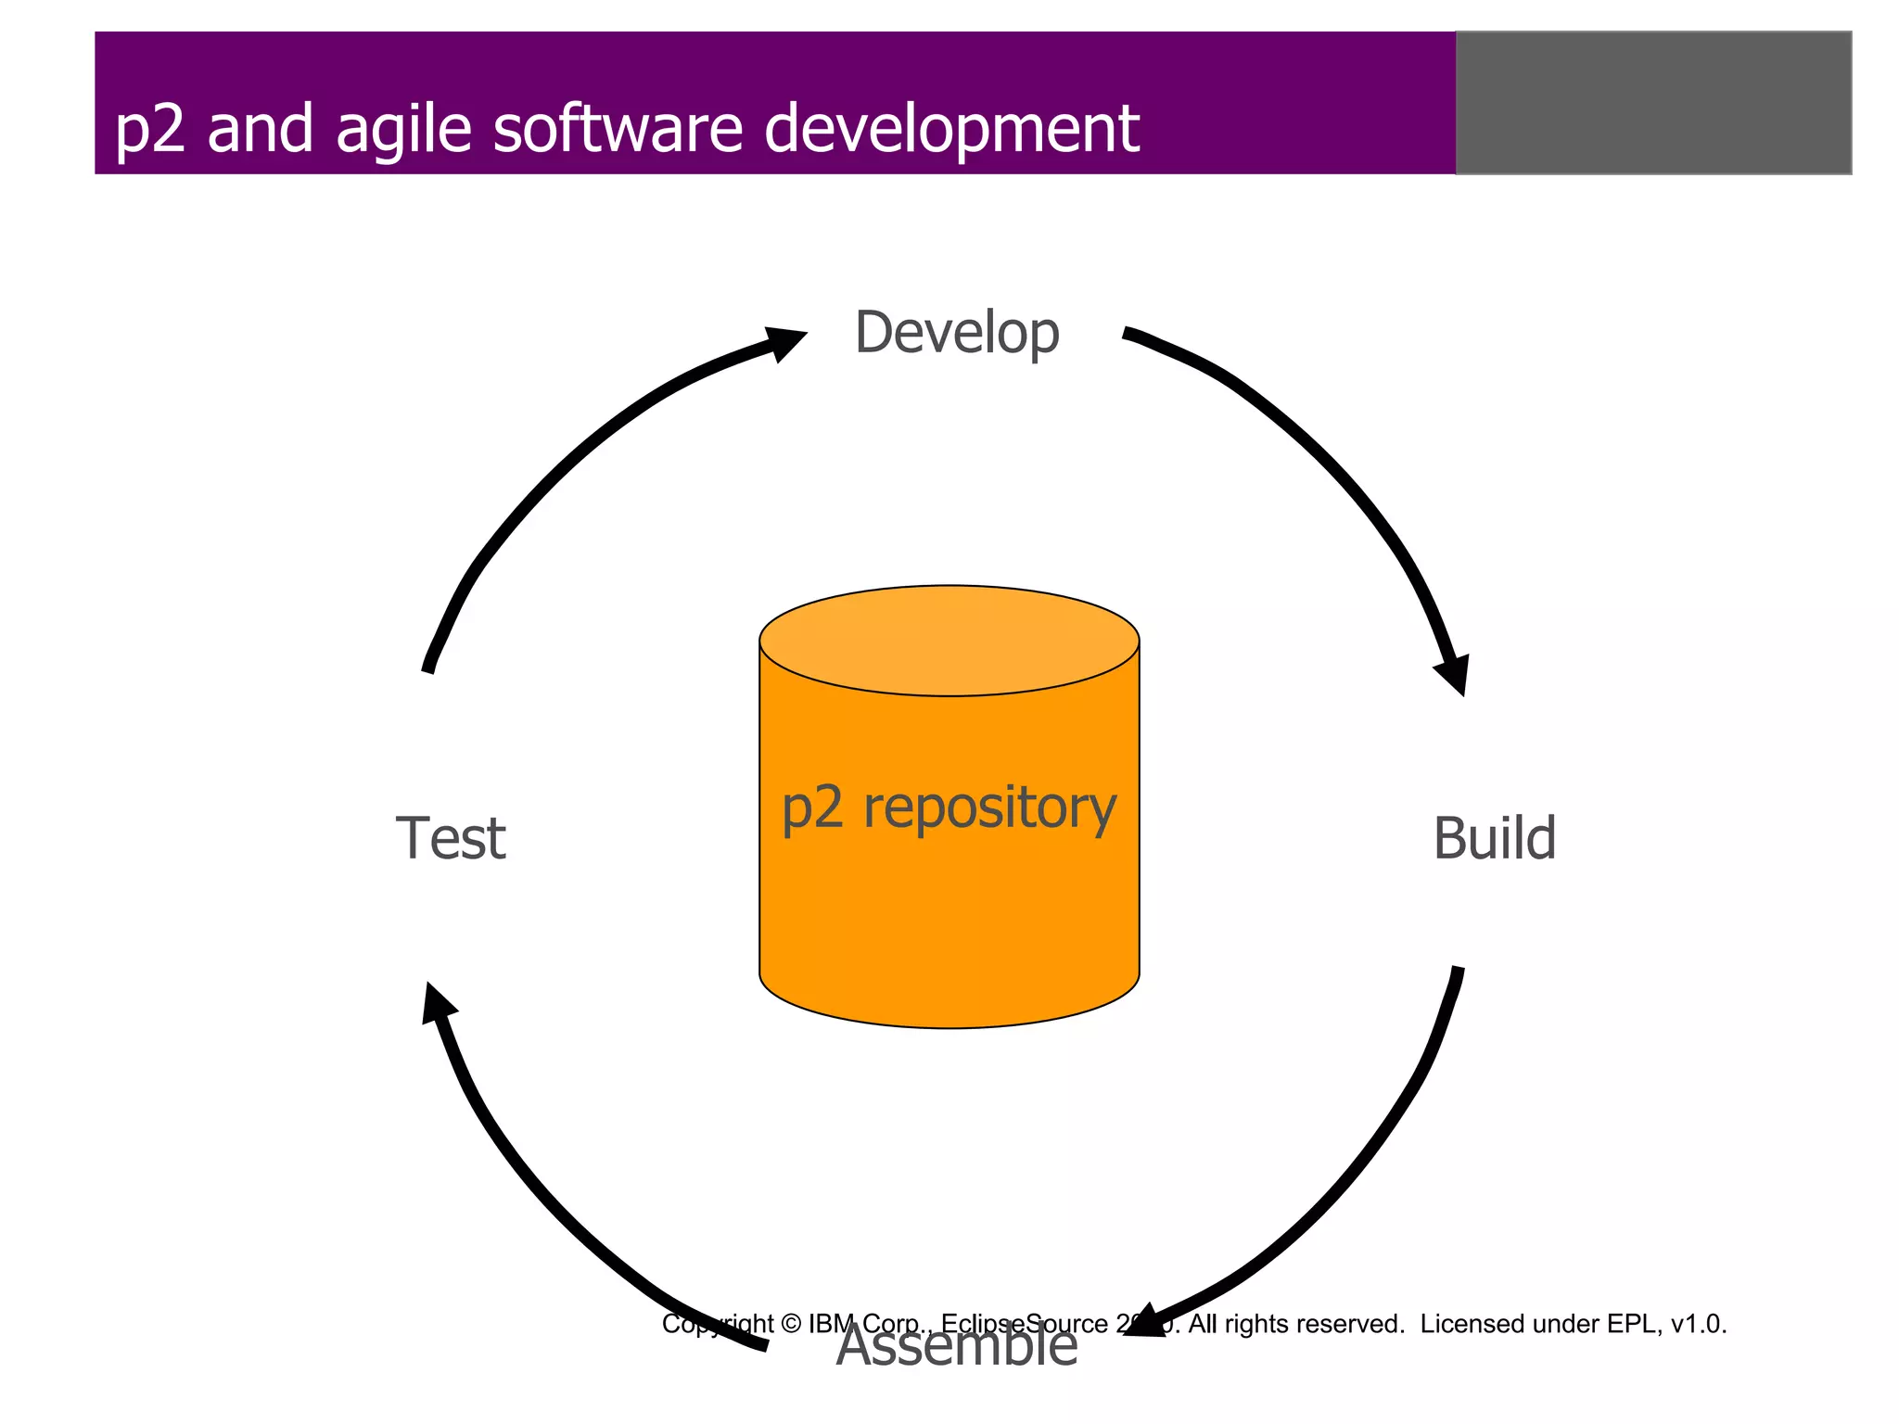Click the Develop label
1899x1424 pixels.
point(956,334)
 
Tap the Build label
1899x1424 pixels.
point(1494,839)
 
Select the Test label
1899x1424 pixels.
point(451,839)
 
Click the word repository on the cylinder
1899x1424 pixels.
point(989,808)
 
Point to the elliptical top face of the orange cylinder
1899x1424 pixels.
point(949,640)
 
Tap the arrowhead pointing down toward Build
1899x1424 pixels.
point(1454,674)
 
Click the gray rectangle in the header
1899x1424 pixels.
point(1653,103)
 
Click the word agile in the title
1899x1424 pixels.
point(403,130)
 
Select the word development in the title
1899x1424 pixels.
point(951,130)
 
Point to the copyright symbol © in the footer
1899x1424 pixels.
point(791,1324)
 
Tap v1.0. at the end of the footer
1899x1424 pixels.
point(1698,1324)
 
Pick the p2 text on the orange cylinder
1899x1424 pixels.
point(813,808)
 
